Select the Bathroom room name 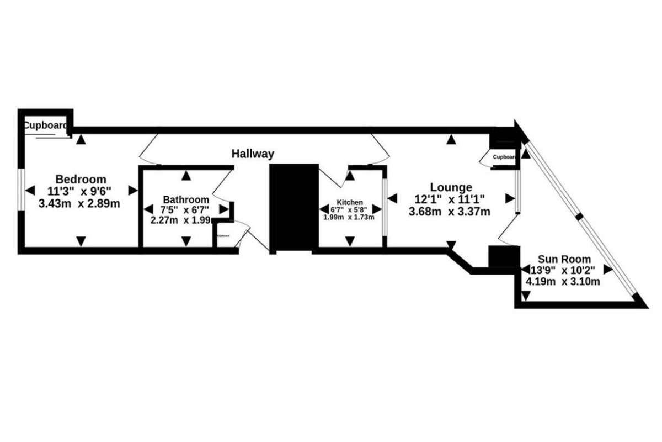pos(186,199)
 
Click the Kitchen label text pos(350,203)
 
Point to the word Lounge pos(452,187)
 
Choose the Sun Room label pos(564,259)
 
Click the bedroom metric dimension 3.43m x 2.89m pos(79,203)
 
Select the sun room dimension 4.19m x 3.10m pos(563,282)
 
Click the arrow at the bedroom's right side pos(132,191)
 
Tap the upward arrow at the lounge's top pos(451,139)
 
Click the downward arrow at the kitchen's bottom pos(350,241)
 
